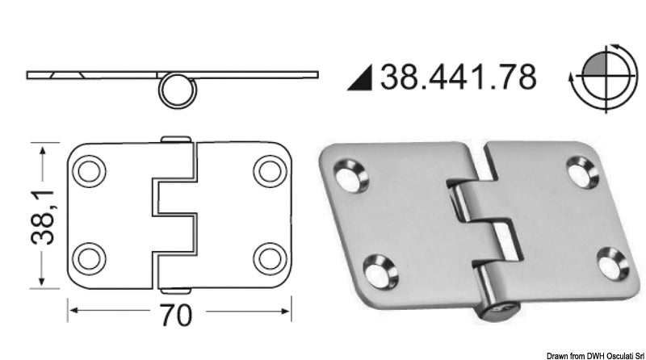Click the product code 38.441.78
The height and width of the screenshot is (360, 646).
click(458, 77)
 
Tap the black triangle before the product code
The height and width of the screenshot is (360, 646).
click(363, 78)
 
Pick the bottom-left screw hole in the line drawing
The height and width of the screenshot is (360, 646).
click(89, 257)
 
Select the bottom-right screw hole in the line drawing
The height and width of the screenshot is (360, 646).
click(266, 257)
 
